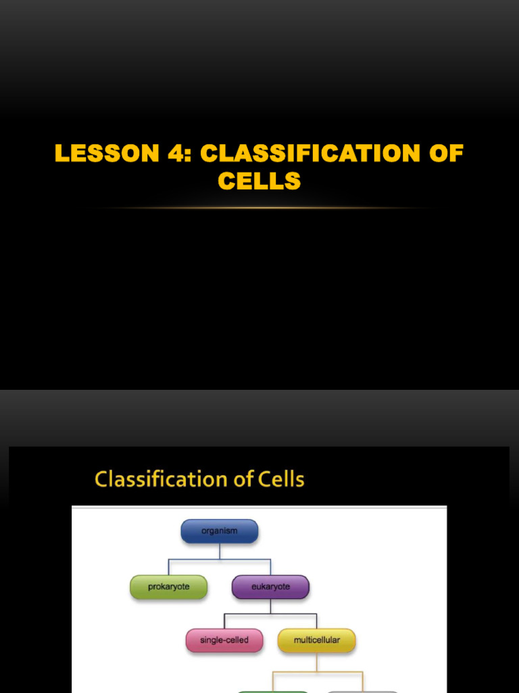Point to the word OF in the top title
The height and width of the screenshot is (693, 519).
coord(444,153)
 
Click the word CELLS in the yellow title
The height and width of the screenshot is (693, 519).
coord(259,181)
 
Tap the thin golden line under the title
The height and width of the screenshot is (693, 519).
coord(259,208)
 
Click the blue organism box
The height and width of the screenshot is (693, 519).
coord(220,531)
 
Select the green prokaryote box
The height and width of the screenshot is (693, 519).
coord(169,587)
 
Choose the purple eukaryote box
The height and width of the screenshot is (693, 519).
coord(270,587)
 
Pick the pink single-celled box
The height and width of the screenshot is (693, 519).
coord(224,640)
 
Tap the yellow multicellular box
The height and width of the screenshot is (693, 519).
coord(317,640)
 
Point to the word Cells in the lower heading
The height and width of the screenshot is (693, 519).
coord(281,480)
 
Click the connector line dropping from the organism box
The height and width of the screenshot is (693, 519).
coord(220,551)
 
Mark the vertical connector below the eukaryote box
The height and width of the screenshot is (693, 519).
coord(270,606)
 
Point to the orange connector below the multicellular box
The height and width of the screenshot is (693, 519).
coord(317,662)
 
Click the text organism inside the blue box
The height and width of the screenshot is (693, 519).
coord(220,531)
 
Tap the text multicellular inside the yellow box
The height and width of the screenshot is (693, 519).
coord(317,640)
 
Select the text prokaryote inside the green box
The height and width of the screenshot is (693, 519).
coord(169,587)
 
